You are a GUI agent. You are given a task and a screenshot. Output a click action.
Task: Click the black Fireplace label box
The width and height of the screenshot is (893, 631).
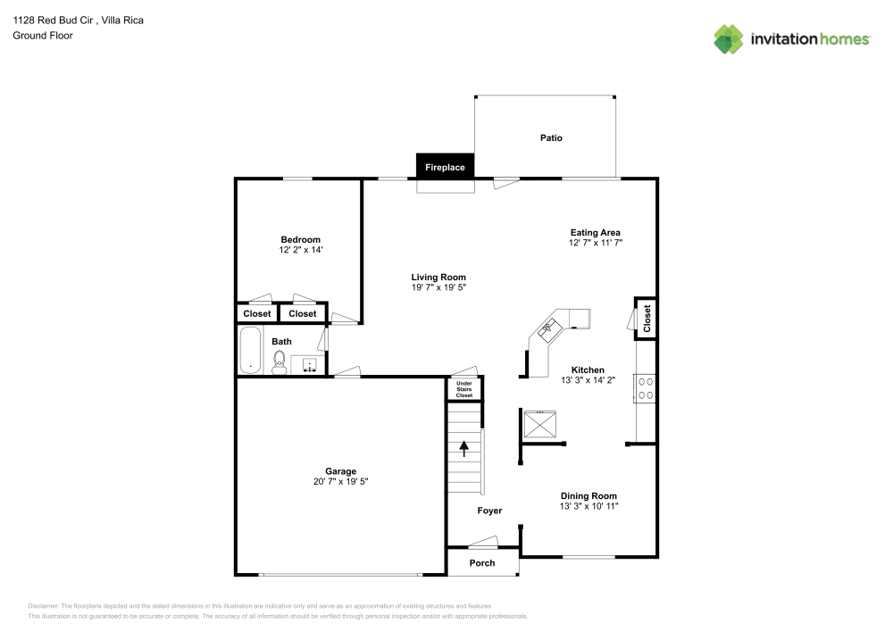tap(445, 167)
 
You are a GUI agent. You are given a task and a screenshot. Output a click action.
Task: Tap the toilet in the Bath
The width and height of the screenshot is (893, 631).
tap(280, 361)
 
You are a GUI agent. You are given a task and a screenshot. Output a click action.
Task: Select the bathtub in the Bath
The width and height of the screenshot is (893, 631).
tap(251, 351)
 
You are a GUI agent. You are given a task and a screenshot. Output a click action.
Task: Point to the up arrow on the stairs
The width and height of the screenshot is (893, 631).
tap(463, 447)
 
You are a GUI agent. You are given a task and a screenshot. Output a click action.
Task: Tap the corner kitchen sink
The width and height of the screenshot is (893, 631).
tap(547, 328)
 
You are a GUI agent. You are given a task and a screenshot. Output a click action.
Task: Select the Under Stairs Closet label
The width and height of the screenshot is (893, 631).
tap(464, 389)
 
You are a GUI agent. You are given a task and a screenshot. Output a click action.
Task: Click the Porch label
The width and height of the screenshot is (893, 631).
tap(482, 563)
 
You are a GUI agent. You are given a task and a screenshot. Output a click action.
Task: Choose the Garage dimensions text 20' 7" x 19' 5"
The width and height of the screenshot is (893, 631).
tap(340, 482)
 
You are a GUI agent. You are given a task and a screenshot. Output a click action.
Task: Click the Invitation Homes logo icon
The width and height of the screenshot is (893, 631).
tap(729, 38)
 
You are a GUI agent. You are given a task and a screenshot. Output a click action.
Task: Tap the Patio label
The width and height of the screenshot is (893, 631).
tap(551, 138)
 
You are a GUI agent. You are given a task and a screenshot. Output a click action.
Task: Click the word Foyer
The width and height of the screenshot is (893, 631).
tap(489, 511)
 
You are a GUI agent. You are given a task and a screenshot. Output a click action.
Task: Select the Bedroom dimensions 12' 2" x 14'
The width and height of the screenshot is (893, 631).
tap(300, 251)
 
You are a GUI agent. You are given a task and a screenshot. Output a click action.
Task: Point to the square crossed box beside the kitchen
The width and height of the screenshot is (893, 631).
tap(539, 425)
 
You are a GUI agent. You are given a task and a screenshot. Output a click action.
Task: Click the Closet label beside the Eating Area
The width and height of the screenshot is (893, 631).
tap(647, 318)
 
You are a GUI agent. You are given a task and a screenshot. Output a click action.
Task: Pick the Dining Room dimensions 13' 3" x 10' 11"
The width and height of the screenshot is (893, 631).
tap(588, 507)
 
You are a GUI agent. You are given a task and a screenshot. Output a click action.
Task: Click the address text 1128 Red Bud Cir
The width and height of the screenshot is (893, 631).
tap(54, 20)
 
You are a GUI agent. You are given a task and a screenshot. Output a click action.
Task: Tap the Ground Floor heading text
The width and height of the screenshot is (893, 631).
tap(43, 36)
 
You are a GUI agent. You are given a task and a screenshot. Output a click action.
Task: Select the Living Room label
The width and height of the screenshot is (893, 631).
tap(438, 277)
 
